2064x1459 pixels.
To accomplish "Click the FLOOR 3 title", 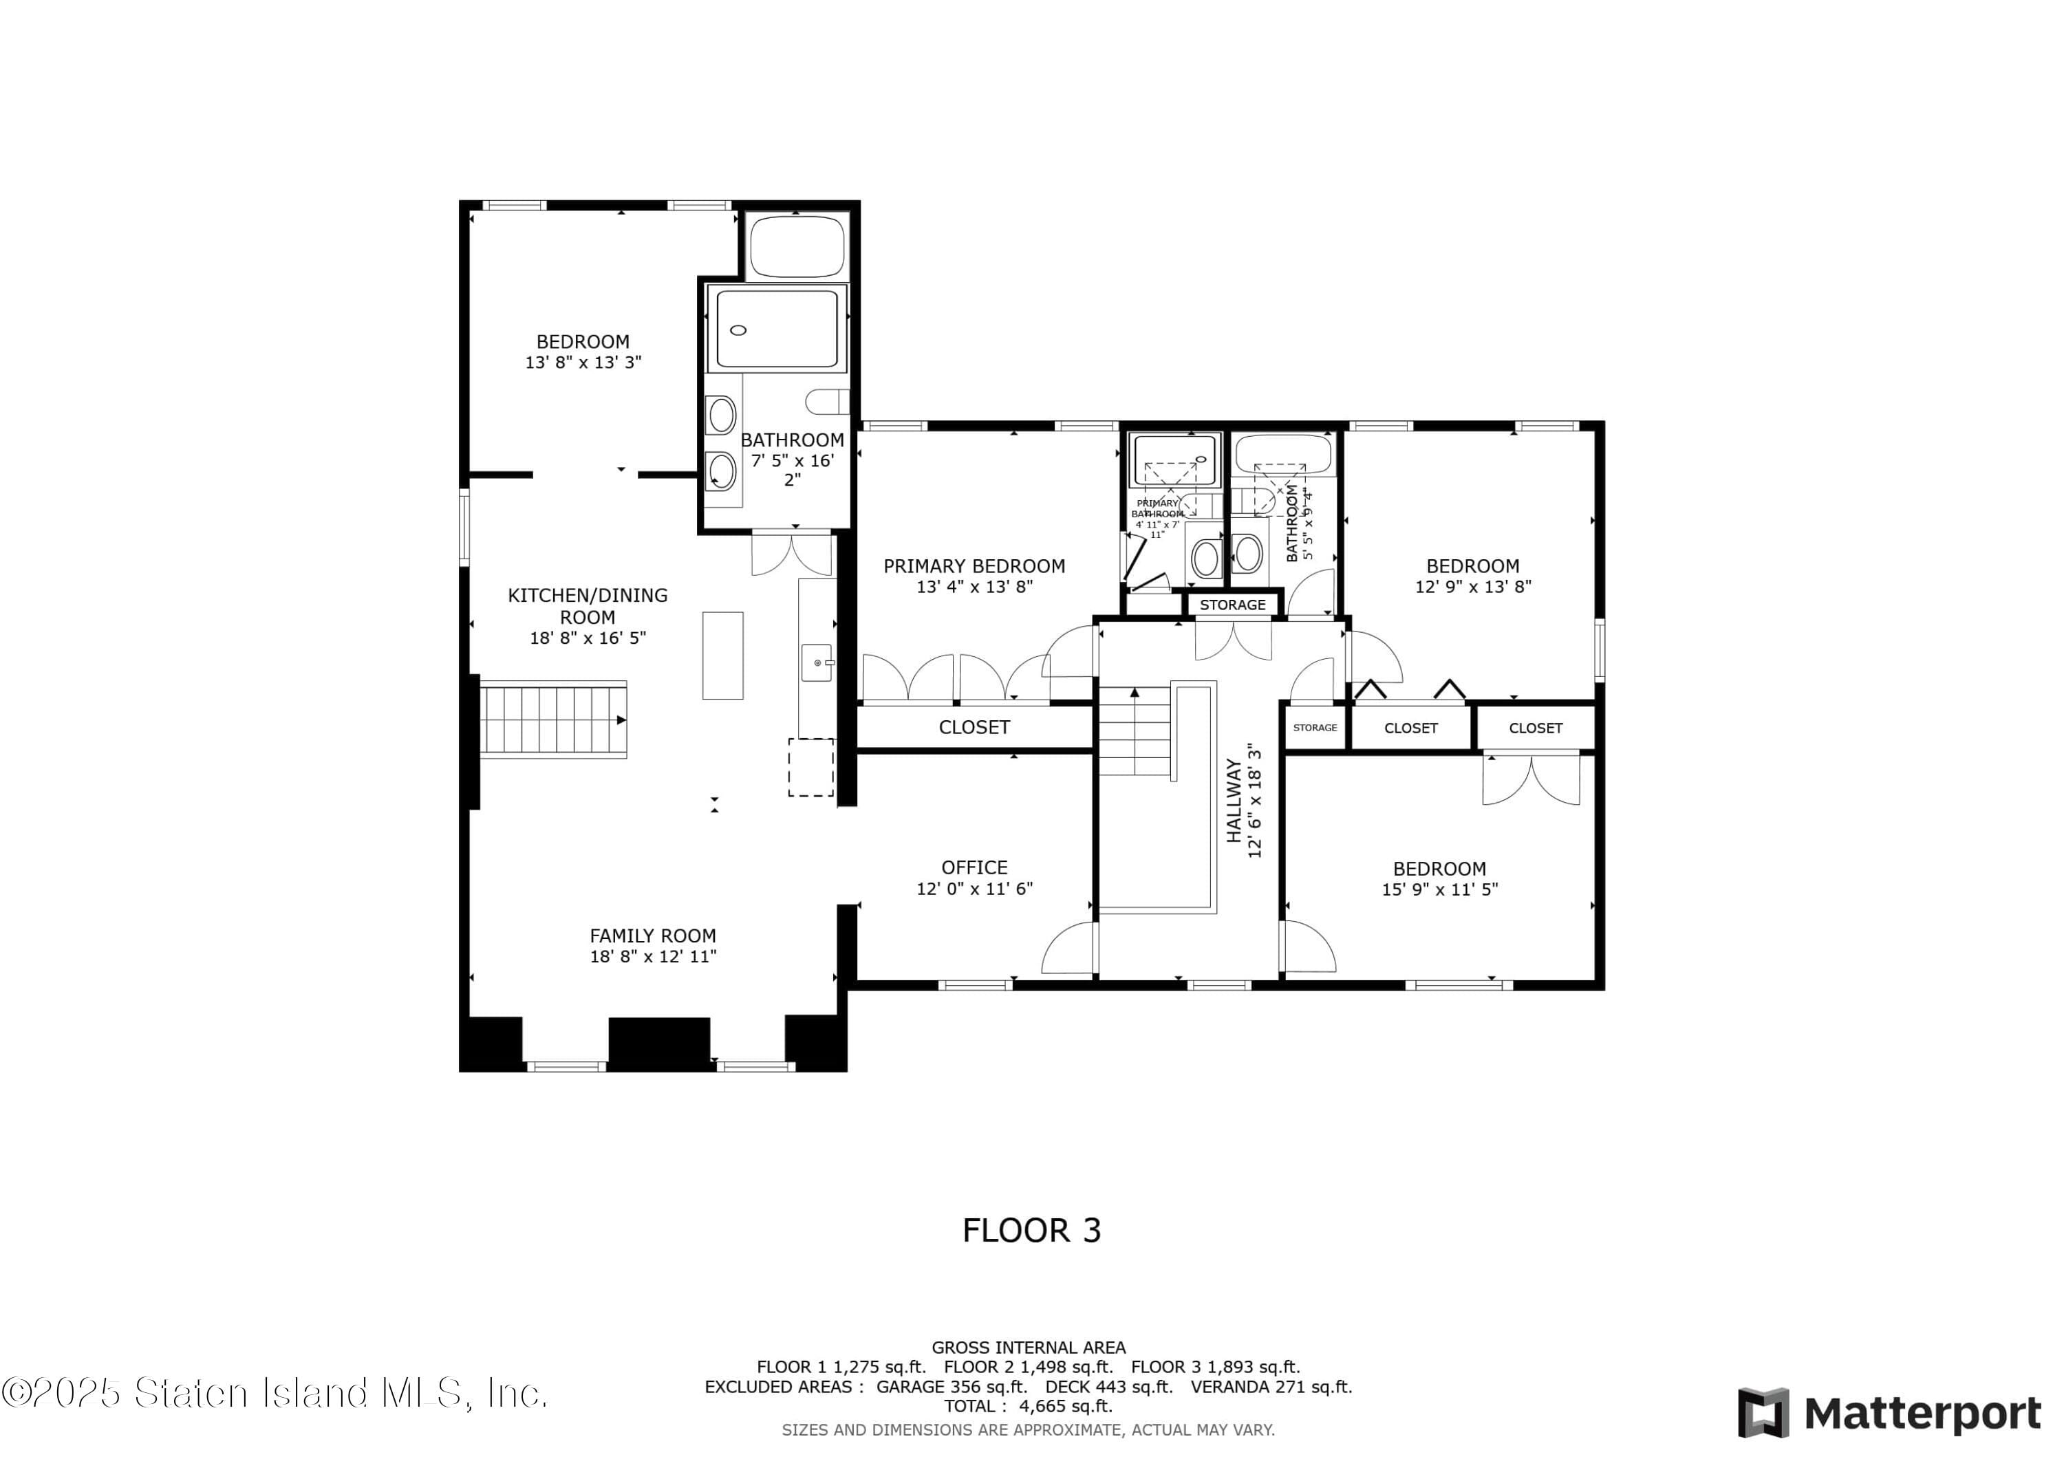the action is tap(1031, 1231).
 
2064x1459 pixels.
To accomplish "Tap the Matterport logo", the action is tap(1889, 1413).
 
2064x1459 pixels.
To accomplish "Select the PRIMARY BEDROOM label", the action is tap(974, 566).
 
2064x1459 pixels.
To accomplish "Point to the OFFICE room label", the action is tap(974, 867).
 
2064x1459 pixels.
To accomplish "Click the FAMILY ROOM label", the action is tap(653, 936).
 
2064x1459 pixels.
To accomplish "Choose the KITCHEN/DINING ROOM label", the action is tap(588, 606).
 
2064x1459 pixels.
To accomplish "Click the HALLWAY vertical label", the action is tap(1234, 801).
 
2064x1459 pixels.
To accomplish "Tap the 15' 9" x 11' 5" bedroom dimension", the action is tap(1439, 889).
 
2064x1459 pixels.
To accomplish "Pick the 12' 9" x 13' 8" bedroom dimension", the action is tap(1472, 587).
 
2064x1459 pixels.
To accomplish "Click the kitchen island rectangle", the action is tap(723, 656).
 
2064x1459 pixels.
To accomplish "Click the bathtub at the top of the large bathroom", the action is tap(797, 246).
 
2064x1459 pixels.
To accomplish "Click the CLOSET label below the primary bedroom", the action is tap(974, 727).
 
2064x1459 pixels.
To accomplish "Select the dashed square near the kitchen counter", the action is tap(811, 767).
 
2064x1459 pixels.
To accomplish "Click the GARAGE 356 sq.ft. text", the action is tap(952, 1387).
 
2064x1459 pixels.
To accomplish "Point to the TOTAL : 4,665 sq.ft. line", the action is tap(1029, 1407).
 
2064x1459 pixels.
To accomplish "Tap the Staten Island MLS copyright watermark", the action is tap(275, 1394).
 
